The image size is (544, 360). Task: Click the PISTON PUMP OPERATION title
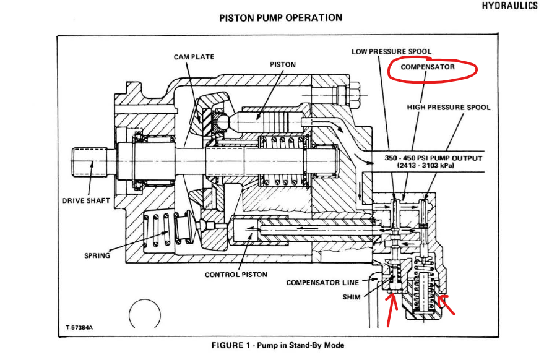point(280,17)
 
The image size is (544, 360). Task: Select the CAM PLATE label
point(194,57)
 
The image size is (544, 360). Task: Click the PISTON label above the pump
point(283,64)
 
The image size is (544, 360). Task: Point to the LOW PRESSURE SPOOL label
point(392,51)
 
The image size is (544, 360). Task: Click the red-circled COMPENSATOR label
point(428,67)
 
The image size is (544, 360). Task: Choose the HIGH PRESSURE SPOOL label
point(449,107)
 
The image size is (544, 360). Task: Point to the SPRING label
point(97,255)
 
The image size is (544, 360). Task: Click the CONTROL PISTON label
point(236,275)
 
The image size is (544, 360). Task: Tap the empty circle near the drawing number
point(145,314)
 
